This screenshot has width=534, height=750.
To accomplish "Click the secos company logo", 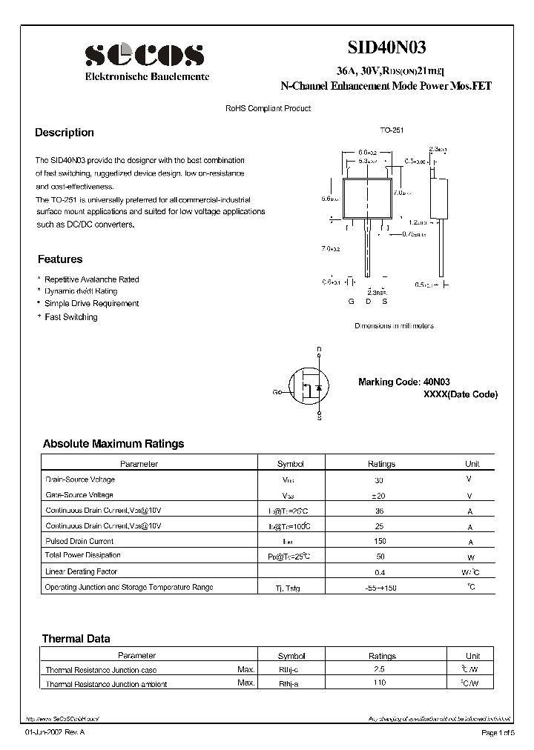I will click(x=144, y=56).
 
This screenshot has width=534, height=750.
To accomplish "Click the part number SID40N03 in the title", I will click(x=386, y=49).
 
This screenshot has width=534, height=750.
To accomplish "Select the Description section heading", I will click(x=65, y=133).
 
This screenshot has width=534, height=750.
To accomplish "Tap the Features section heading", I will click(x=60, y=259).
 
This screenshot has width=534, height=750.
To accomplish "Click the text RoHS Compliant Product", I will click(x=268, y=108).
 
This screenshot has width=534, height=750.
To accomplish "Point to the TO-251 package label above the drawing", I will click(x=391, y=130).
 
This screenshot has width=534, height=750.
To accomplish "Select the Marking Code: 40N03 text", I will click(x=405, y=382).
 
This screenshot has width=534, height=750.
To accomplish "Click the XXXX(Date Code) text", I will click(x=460, y=394).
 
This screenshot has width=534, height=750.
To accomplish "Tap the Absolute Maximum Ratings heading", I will click(x=113, y=444).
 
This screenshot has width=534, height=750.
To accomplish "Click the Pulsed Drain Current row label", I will click(x=79, y=541).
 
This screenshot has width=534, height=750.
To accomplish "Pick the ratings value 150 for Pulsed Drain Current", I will click(x=381, y=542).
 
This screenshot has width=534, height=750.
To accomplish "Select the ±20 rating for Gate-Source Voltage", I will click(x=381, y=495).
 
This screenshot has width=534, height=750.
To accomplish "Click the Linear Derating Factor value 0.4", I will click(x=381, y=573).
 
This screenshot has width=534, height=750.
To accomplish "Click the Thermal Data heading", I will click(x=76, y=638).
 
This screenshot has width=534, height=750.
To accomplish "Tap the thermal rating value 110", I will click(x=381, y=683).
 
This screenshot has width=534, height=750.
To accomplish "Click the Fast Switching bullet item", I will click(x=70, y=317).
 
